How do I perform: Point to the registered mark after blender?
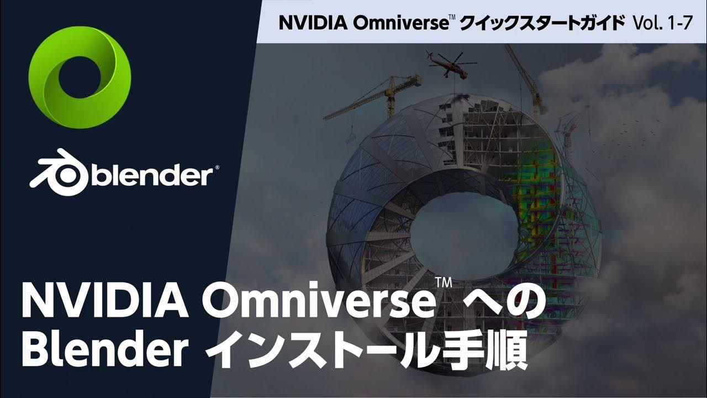[x=217, y=166]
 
